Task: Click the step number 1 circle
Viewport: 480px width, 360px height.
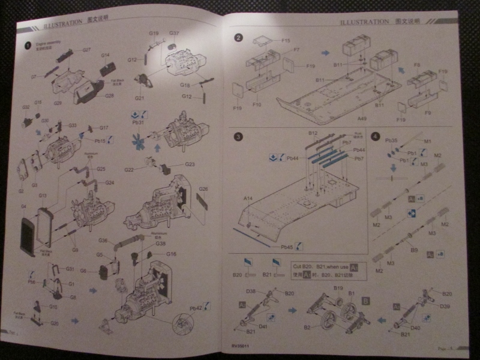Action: click(x=28, y=45)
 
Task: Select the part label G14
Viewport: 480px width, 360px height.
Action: click(x=105, y=55)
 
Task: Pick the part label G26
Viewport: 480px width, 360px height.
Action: click(x=203, y=189)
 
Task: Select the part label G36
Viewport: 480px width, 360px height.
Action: click(x=103, y=241)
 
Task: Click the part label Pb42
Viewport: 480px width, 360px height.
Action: click(x=196, y=308)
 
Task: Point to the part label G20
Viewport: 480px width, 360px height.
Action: click(x=55, y=323)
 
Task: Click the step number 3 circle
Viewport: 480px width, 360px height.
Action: click(x=238, y=137)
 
